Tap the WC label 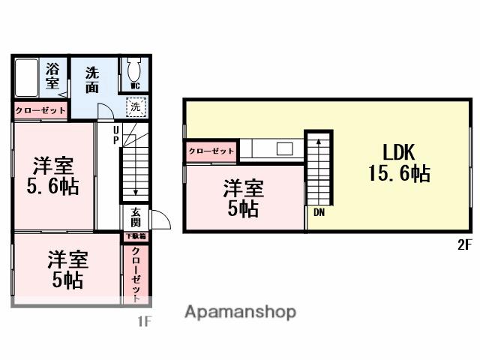click(x=135, y=86)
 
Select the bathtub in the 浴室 click(x=26, y=77)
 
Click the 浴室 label click(x=52, y=75)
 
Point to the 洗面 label click(x=92, y=79)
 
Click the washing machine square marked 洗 click(x=136, y=107)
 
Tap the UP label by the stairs click(x=116, y=135)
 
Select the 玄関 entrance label click(x=136, y=217)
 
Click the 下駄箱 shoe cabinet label click(x=136, y=236)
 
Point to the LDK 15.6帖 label click(x=398, y=163)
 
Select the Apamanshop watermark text click(x=241, y=312)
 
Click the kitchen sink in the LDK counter click(x=284, y=148)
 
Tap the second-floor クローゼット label click(x=211, y=151)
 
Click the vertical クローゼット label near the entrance click(x=136, y=274)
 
